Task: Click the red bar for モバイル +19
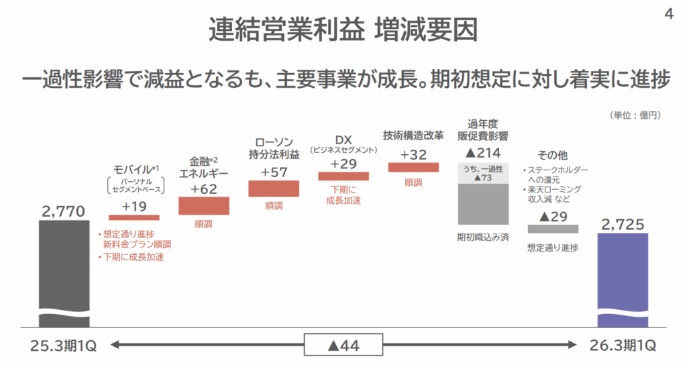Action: pyautogui.click(x=134, y=217)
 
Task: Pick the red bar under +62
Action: pyautogui.click(x=204, y=206)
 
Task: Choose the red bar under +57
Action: pyautogui.click(x=274, y=189)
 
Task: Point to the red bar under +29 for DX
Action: pyautogui.click(x=343, y=176)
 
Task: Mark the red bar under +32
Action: pyautogui.click(x=413, y=167)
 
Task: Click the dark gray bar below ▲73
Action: pyautogui.click(x=483, y=204)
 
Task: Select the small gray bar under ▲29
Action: pyautogui.click(x=553, y=229)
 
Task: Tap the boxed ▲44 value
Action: pyautogui.click(x=343, y=346)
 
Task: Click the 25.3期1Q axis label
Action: pyautogui.click(x=64, y=346)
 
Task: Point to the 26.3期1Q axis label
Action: pyautogui.click(x=623, y=346)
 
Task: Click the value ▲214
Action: pyautogui.click(x=483, y=152)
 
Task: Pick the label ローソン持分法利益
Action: pyautogui.click(x=274, y=148)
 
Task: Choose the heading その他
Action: pyautogui.click(x=553, y=156)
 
